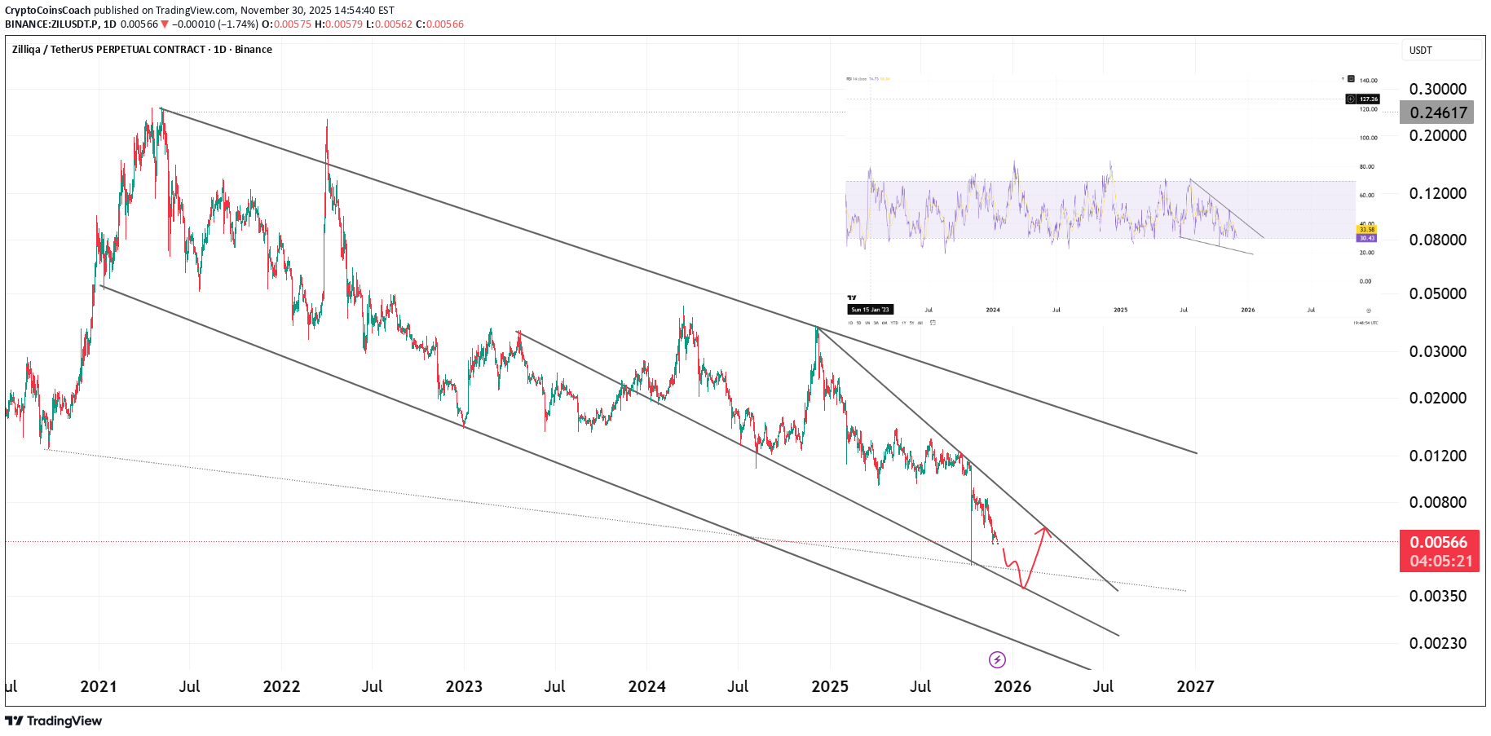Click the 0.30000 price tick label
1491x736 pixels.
point(1437,89)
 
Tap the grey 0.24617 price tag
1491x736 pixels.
point(1437,112)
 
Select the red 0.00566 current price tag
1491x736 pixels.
point(1439,542)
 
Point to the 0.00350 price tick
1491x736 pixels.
point(1437,596)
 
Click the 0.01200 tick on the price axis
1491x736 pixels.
point(1437,456)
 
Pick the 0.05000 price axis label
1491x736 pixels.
point(1437,293)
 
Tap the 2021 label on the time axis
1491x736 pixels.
point(99,686)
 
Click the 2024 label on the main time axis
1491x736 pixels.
point(646,686)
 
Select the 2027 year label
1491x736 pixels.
point(1195,686)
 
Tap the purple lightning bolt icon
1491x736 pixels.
point(997,659)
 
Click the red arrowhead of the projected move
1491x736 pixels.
point(1044,531)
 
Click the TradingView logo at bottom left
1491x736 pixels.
point(54,721)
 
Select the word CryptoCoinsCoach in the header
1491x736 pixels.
point(47,11)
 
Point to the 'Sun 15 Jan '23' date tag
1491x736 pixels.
point(871,310)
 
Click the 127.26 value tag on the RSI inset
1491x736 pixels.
point(1368,99)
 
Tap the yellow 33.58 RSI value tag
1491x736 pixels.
point(1367,230)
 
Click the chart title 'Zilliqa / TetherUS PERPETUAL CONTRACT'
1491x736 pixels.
point(108,50)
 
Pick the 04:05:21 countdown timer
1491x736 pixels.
point(1440,561)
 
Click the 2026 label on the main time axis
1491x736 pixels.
point(1012,686)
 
